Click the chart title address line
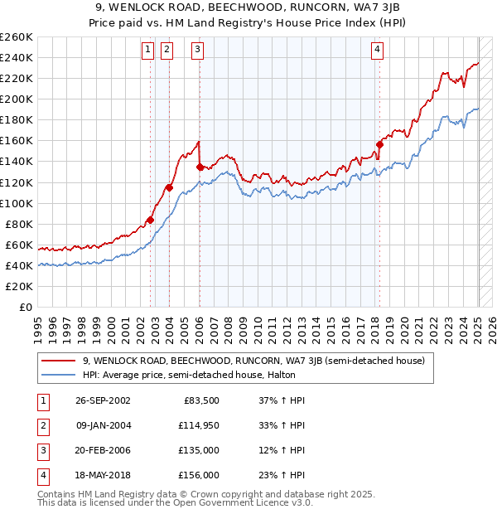point(249,7)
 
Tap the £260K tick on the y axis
point(17,37)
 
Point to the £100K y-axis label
point(17,203)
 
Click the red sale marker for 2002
point(151,220)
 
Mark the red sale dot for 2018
point(379,144)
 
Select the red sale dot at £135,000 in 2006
point(200,167)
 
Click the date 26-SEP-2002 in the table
point(103,400)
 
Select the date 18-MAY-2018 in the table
point(103,477)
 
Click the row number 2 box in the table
point(41,426)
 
